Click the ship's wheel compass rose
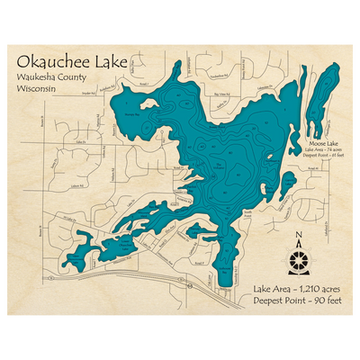(300, 262)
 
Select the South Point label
(247, 212)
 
